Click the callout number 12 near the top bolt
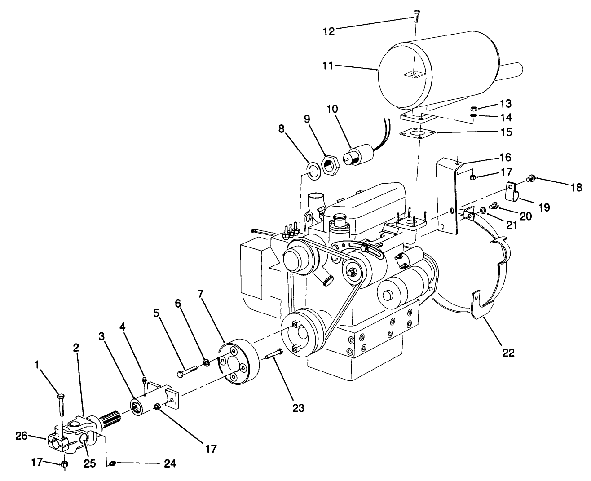[329, 31]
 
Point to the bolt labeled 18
[531, 177]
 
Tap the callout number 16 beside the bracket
[493, 157]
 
